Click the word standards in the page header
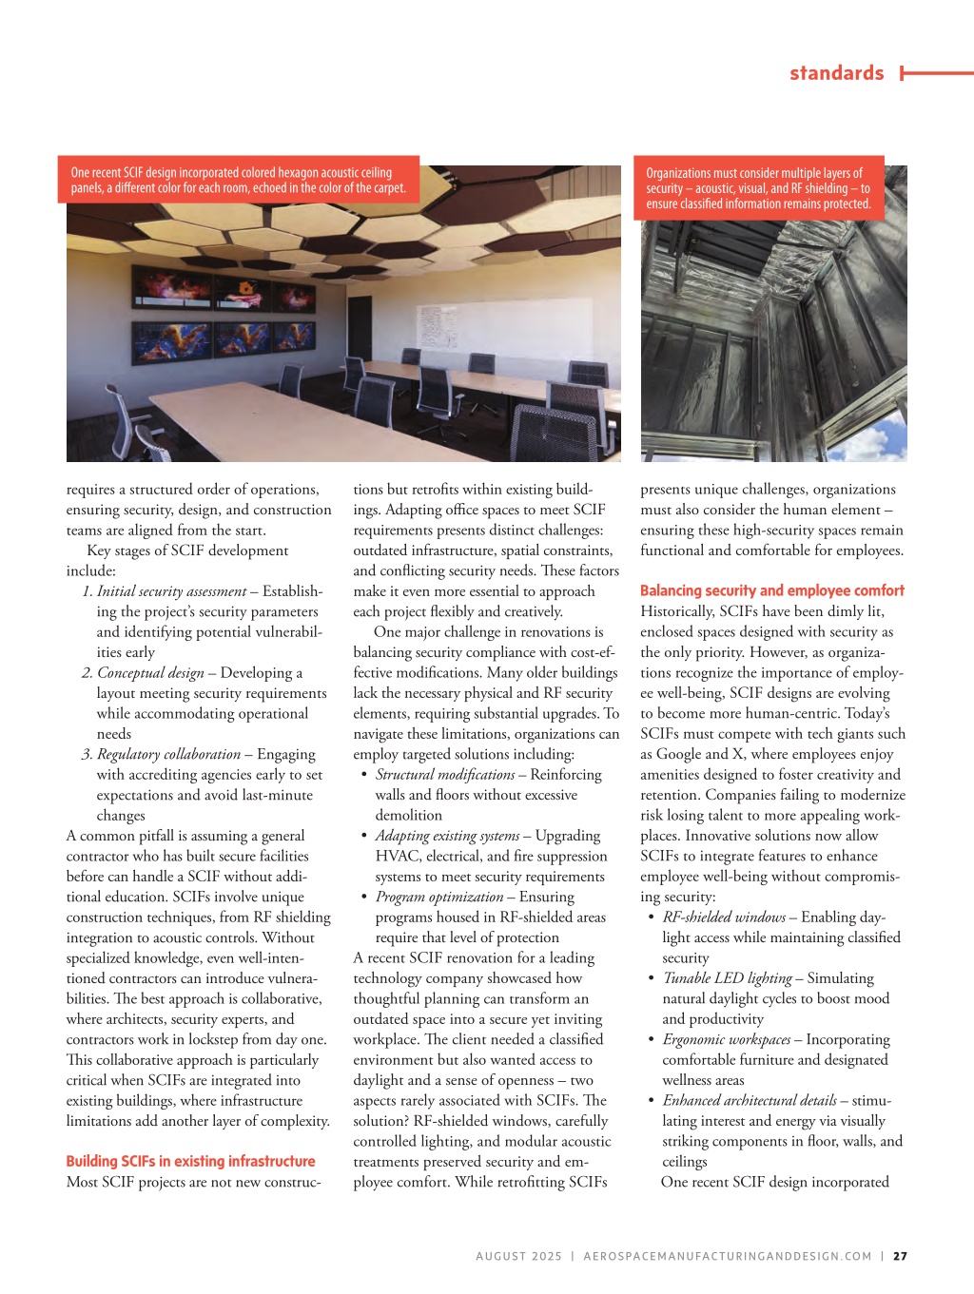point(836,73)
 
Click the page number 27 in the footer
point(900,1256)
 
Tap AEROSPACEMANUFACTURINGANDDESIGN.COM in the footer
point(727,1256)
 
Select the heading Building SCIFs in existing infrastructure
point(190,1161)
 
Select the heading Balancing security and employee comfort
point(771,590)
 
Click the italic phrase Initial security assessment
point(171,591)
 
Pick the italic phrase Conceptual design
point(150,673)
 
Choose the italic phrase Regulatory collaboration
point(168,754)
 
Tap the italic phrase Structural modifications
point(444,775)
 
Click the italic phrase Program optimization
point(438,897)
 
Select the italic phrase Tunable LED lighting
point(727,978)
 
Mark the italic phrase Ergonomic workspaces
point(726,1039)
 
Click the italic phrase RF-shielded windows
point(723,917)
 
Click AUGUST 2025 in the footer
point(518,1256)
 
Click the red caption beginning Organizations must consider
point(758,188)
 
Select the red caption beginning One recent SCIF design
point(238,180)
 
